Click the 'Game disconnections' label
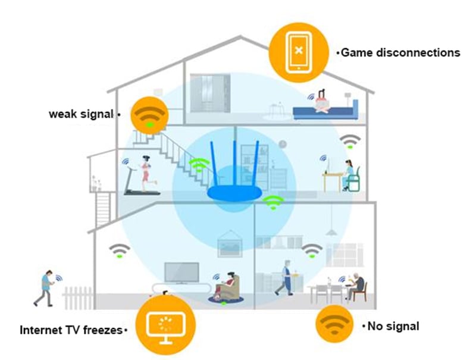pos(400,53)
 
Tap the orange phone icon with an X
pos(299,52)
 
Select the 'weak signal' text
pos(81,114)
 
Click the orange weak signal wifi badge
pos(149,115)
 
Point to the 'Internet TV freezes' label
pos(71,330)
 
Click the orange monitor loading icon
pos(165,325)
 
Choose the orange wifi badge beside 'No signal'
pos(334,324)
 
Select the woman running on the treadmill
pos(146,174)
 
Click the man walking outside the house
pos(46,288)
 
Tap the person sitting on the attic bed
pos(322,101)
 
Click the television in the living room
pos(182,273)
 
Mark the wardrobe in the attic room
pos(210,93)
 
